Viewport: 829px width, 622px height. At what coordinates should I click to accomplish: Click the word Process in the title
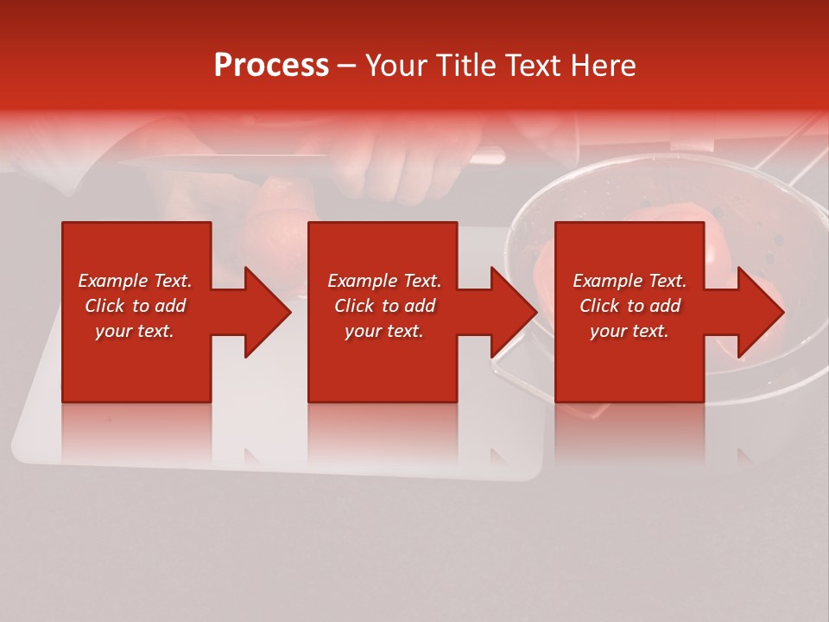pos(271,66)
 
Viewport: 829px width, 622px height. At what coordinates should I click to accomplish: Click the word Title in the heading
pos(467,66)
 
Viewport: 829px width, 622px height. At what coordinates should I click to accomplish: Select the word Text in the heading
pos(535,66)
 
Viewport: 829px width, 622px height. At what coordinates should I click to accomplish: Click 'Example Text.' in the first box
pos(135,281)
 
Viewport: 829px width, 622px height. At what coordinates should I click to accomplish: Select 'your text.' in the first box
pos(135,331)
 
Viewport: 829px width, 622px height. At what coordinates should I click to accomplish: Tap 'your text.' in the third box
pos(630,331)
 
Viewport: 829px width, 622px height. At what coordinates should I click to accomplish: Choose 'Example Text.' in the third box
pos(630,281)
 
